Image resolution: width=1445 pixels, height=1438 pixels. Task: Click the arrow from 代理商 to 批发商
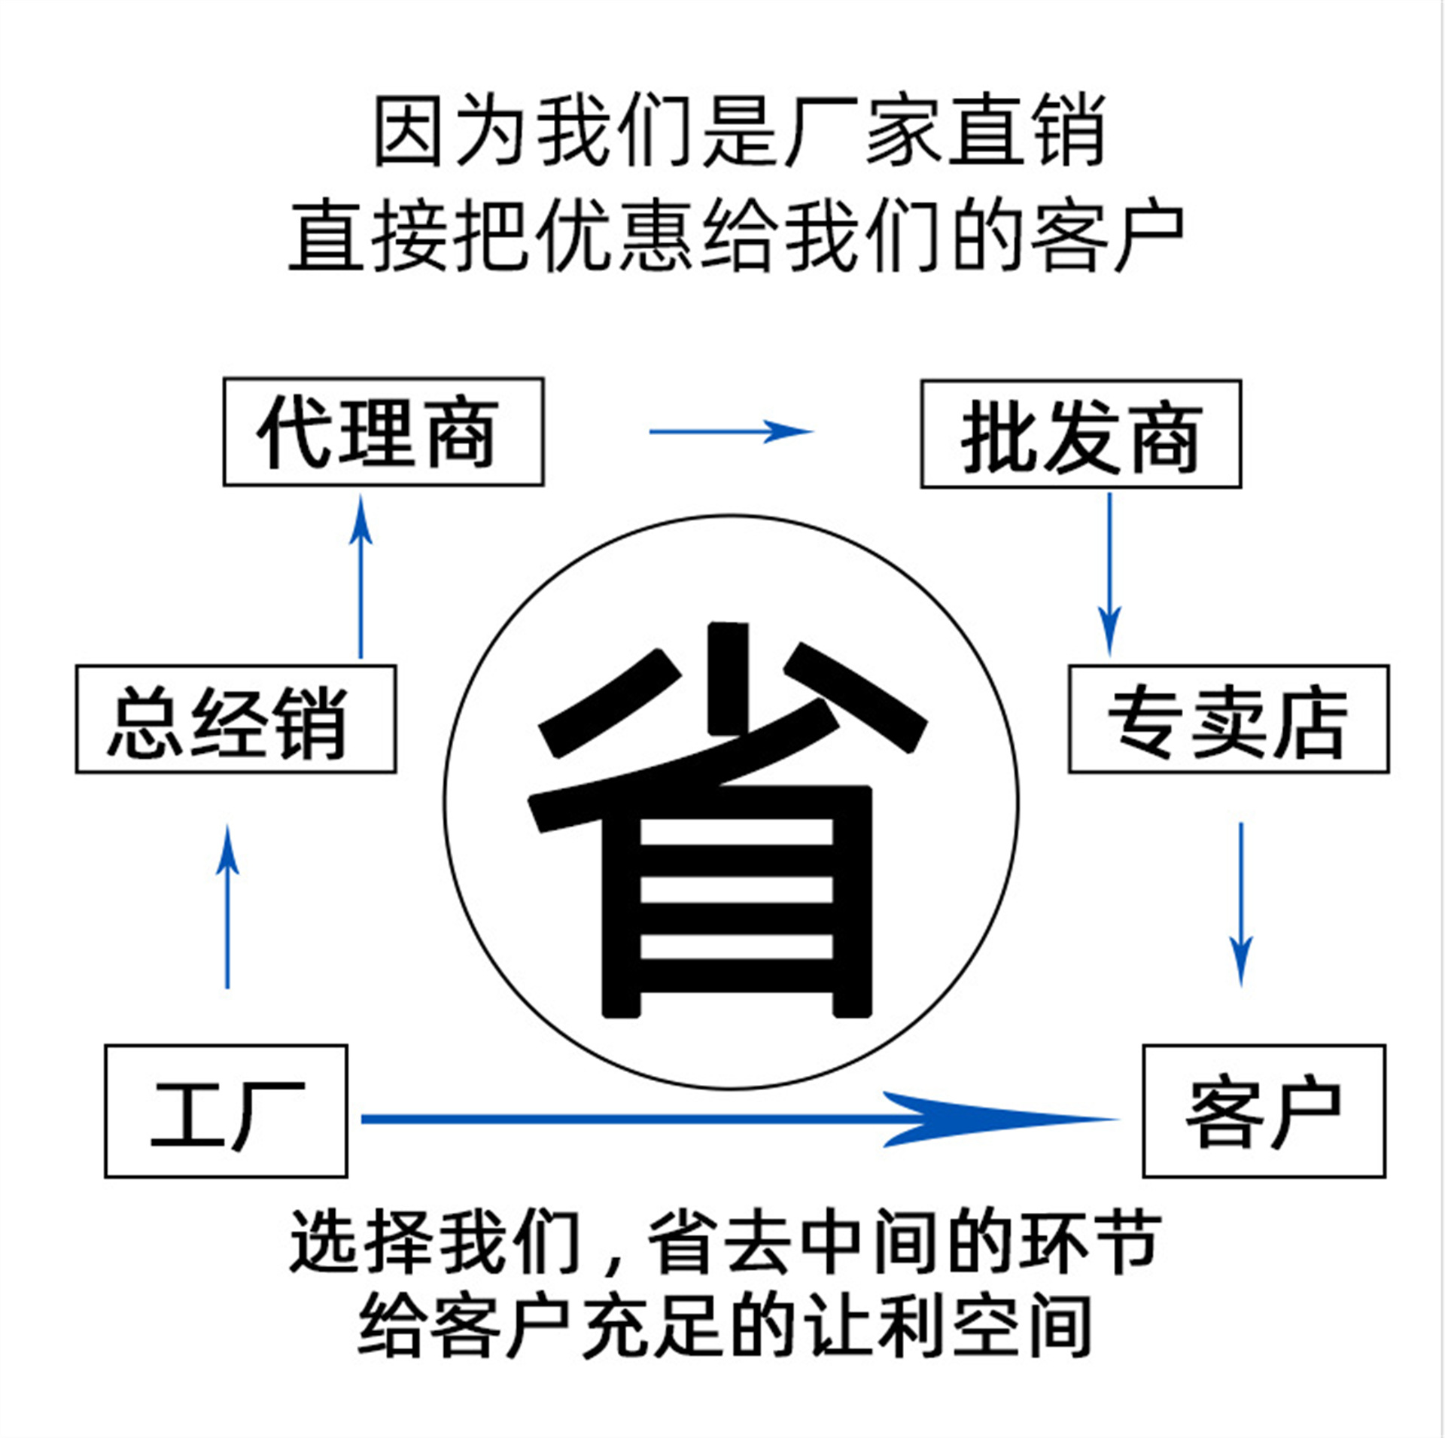click(731, 431)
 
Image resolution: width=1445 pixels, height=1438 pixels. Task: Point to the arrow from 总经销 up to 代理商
click(360, 577)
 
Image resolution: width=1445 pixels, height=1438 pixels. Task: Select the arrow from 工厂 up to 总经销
click(227, 906)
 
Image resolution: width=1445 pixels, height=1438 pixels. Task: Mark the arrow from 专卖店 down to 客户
click(1241, 904)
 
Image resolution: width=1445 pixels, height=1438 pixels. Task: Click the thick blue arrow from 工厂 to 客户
click(740, 1120)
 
